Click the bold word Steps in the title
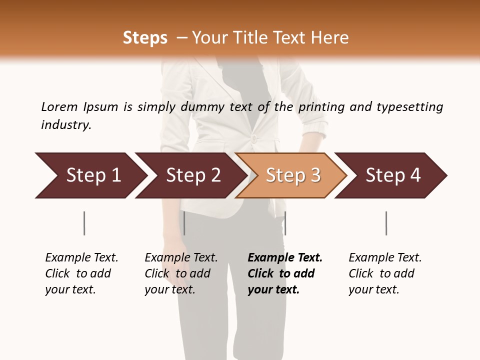point(145,38)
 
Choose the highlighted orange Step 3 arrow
point(292,175)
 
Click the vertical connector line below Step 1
point(84,223)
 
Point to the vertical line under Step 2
point(184,223)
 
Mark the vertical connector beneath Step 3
point(285,223)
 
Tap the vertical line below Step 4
point(386,223)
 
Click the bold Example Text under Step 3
point(285,273)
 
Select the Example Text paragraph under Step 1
point(81,273)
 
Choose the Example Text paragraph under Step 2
point(181,273)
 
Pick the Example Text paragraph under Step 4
point(385,273)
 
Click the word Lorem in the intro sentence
point(59,107)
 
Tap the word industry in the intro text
point(66,125)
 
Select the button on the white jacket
point(254,138)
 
